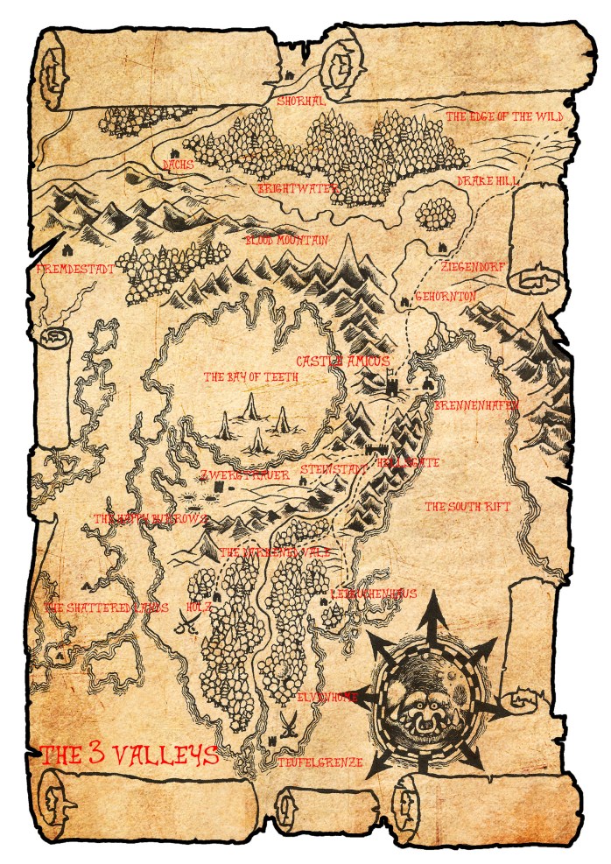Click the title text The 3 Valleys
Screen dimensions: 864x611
tap(130, 755)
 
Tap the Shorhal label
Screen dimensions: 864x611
tap(300, 102)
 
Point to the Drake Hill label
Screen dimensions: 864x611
tap(488, 181)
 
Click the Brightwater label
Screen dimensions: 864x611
tap(297, 188)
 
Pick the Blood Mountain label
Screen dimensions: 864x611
tap(286, 239)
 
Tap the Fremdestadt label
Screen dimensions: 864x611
tap(75, 270)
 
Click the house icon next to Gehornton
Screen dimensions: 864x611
tap(405, 302)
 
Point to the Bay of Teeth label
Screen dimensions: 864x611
tap(251, 377)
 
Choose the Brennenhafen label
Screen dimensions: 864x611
tap(476, 406)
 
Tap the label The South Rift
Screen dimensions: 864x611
tap(467, 506)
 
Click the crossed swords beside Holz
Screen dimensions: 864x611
tap(186, 623)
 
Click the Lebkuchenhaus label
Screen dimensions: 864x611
tap(373, 594)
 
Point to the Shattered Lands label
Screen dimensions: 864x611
tap(105, 607)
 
